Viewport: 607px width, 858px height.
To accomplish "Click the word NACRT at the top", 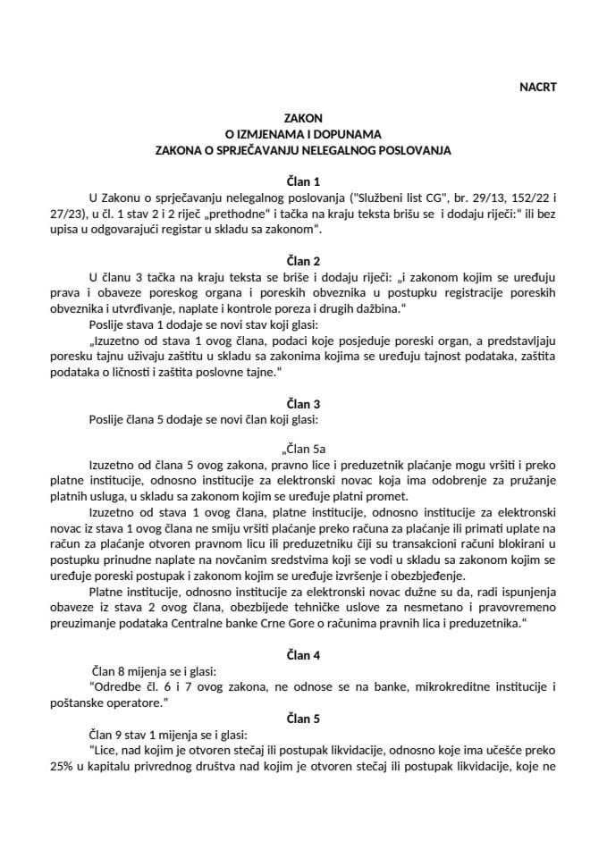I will (x=537, y=87).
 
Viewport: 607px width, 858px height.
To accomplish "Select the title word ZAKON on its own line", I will (x=302, y=118).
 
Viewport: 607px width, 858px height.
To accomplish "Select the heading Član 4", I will (x=302, y=655).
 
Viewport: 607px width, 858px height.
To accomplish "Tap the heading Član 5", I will (x=302, y=718).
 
